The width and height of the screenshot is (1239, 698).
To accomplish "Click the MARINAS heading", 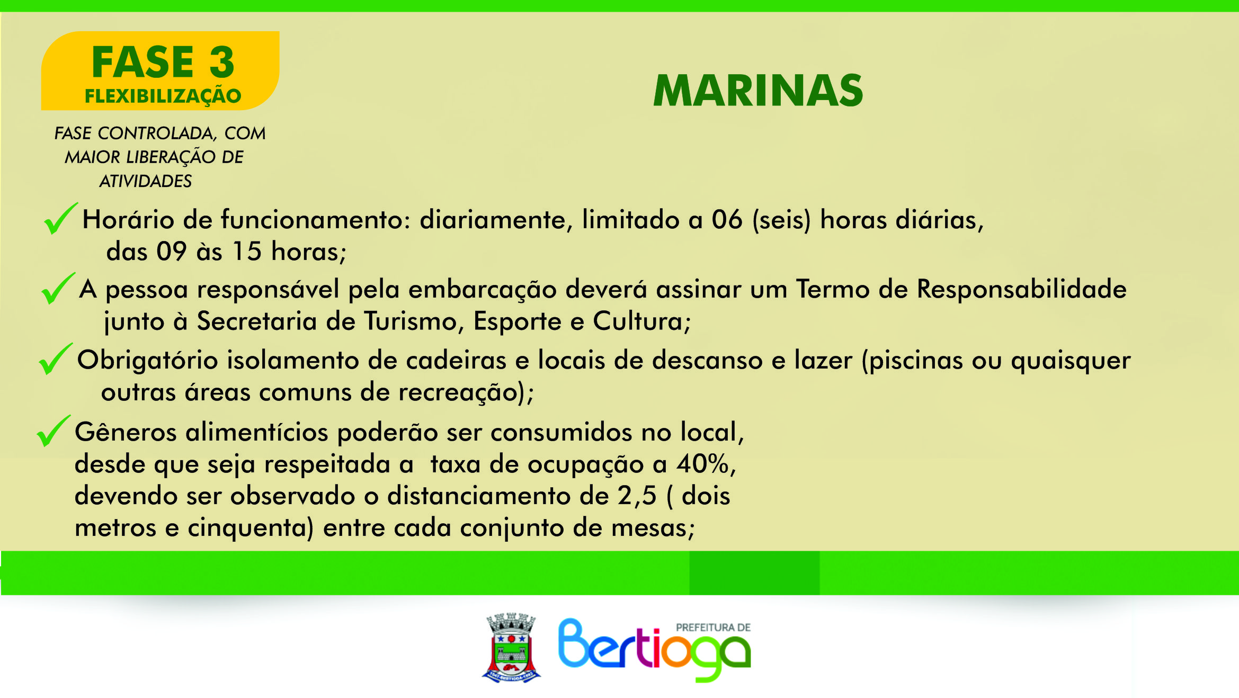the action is (x=758, y=91).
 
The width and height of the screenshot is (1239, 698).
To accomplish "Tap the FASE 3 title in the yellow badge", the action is (x=163, y=62).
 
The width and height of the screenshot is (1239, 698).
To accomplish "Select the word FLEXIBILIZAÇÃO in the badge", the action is (x=163, y=96).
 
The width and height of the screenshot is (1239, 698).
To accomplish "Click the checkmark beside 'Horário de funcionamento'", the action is (x=60, y=218).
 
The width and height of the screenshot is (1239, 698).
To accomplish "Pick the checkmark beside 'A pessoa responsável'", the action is (x=58, y=289).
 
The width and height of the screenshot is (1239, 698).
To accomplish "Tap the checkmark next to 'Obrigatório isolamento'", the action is (x=56, y=359).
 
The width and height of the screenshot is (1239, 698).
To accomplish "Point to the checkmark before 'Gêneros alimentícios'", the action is (x=54, y=431).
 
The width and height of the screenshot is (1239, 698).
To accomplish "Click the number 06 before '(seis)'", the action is (x=727, y=220).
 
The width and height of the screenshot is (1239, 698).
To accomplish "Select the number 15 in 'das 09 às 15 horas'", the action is (x=247, y=251).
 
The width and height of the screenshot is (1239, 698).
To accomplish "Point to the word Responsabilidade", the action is (x=1021, y=289).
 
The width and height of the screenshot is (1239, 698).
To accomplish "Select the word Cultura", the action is (x=638, y=321).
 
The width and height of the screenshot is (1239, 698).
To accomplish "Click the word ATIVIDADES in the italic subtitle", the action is (x=146, y=181).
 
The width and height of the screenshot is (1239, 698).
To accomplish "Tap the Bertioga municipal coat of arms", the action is (x=511, y=648).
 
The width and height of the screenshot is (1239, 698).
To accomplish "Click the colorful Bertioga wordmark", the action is (x=654, y=650).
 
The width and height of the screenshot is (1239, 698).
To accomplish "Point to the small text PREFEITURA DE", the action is (x=713, y=628).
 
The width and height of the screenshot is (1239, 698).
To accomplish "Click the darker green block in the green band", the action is (x=754, y=572).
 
